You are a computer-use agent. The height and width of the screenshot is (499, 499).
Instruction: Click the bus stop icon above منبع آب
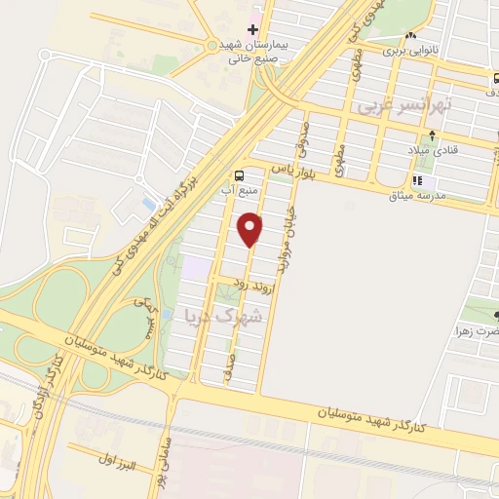239,176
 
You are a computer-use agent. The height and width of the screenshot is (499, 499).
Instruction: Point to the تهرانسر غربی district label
399,104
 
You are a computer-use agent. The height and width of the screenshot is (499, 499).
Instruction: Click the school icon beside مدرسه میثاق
417,180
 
